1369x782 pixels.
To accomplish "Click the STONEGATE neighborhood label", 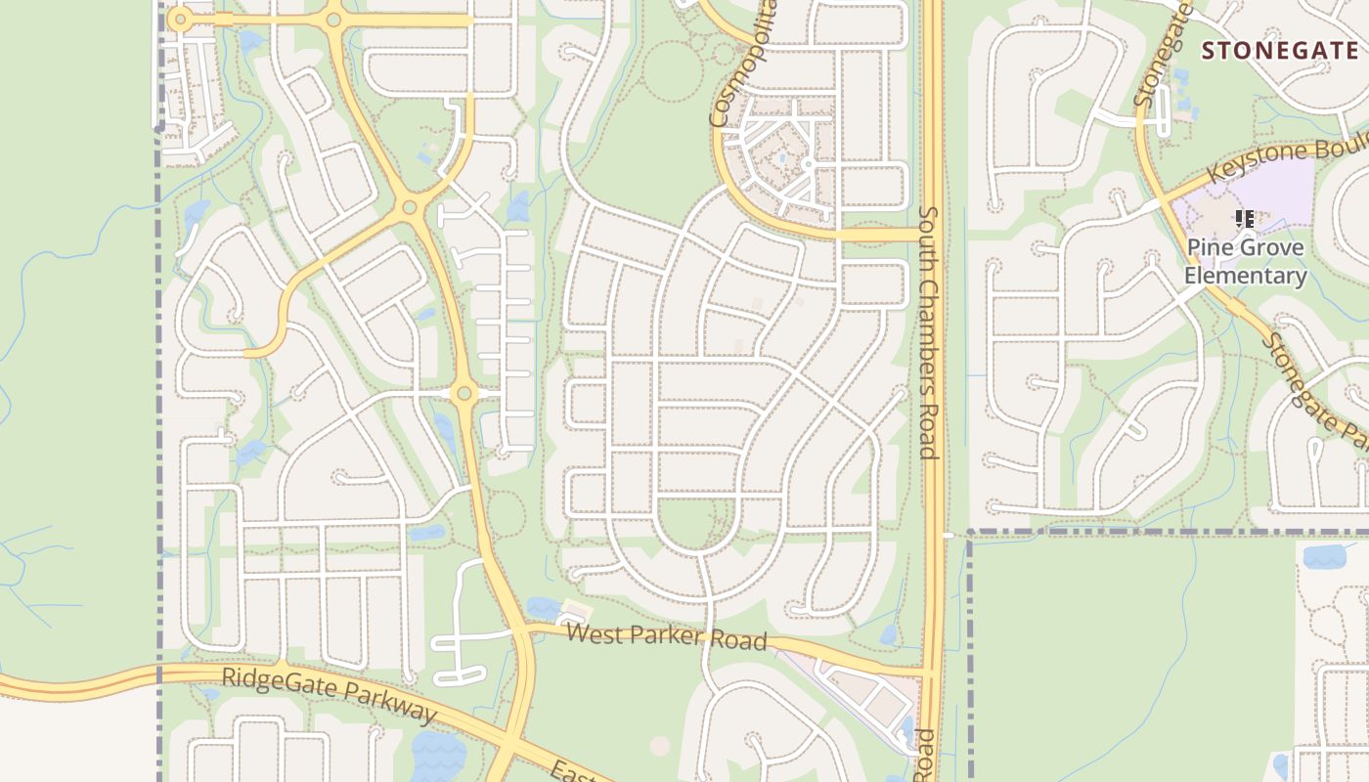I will [1279, 51].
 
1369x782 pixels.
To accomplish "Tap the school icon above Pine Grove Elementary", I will [1244, 219].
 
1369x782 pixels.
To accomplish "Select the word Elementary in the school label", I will [1245, 276].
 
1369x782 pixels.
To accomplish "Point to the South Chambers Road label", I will [929, 332].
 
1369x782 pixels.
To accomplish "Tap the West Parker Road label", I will [666, 636].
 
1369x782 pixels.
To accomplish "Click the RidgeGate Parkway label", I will [330, 696].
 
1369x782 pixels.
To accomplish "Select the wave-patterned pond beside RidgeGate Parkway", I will [439, 755].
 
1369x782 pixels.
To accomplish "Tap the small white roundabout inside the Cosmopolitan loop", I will [809, 165].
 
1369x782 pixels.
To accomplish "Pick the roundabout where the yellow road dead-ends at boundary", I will [178, 19].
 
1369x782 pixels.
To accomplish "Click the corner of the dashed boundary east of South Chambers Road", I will [970, 533].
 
